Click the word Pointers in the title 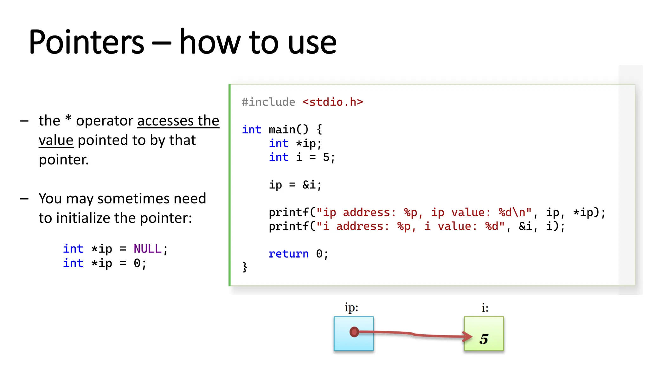(x=86, y=42)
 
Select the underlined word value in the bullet (x=56, y=140)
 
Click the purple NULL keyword (x=147, y=249)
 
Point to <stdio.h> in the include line (x=332, y=102)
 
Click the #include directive (x=268, y=102)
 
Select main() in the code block (x=288, y=130)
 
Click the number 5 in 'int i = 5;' (x=326, y=157)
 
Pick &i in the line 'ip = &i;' (x=309, y=185)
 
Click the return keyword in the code (x=288, y=254)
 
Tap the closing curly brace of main (x=245, y=267)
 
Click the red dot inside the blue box (x=354, y=332)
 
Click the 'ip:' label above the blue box (x=351, y=308)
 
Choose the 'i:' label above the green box (x=485, y=308)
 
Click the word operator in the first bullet (x=105, y=121)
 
